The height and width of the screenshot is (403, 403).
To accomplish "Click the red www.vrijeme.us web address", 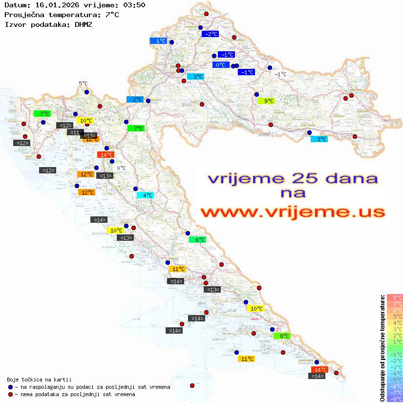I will pos(293,212).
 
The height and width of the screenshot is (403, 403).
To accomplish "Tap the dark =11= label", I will pos(75,132).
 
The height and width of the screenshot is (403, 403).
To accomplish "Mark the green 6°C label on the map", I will pos(200,240).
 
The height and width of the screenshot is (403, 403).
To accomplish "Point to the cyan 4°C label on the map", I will pos(147,195).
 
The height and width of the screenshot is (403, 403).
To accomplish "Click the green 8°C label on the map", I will pos(284,336).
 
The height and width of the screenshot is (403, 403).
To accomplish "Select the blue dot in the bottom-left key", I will pos(10,387).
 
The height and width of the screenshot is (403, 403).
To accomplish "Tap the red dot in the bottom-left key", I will pos(10,394).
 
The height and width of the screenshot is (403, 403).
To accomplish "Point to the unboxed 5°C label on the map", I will pos(83,84).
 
